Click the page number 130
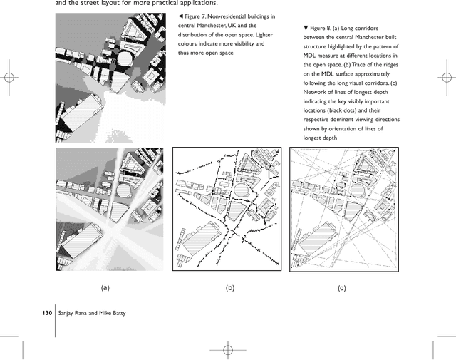[x=47, y=312]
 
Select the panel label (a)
[x=105, y=287]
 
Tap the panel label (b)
[x=229, y=287]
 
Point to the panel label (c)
[x=341, y=287]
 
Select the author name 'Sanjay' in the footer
[x=71, y=312]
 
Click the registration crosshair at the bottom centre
[x=227, y=349]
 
